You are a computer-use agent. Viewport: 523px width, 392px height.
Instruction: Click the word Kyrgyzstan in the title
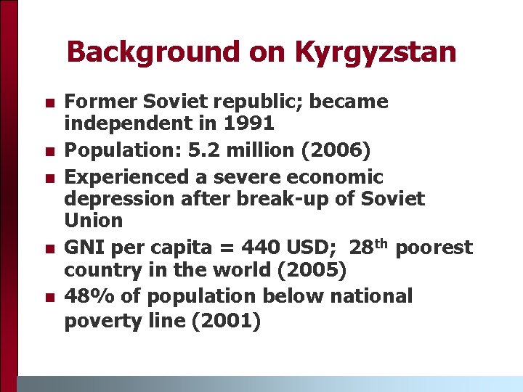(376, 52)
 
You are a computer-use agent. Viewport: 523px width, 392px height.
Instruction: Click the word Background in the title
(143, 52)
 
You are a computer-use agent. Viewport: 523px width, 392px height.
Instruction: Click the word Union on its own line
(94, 219)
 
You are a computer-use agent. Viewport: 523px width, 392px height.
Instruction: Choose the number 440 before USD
(261, 248)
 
